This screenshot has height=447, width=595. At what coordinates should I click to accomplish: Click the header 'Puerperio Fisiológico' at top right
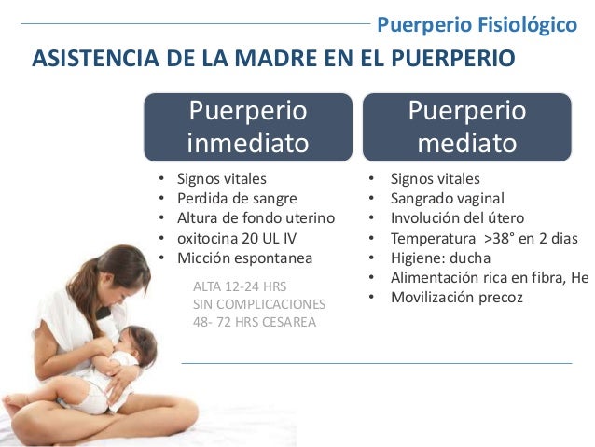(476, 22)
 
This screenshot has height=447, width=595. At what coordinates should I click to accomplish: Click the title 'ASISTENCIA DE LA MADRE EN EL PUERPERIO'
(273, 59)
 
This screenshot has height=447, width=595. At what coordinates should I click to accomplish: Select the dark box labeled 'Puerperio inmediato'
(247, 127)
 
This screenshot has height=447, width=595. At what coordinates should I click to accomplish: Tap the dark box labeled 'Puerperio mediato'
(466, 127)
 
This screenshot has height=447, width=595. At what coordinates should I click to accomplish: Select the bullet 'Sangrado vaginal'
(448, 198)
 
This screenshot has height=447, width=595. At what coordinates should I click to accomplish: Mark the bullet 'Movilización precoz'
(457, 298)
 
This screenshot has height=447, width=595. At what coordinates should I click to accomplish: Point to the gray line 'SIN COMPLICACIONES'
(258, 304)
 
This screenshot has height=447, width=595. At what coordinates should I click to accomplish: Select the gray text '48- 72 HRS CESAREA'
(254, 323)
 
